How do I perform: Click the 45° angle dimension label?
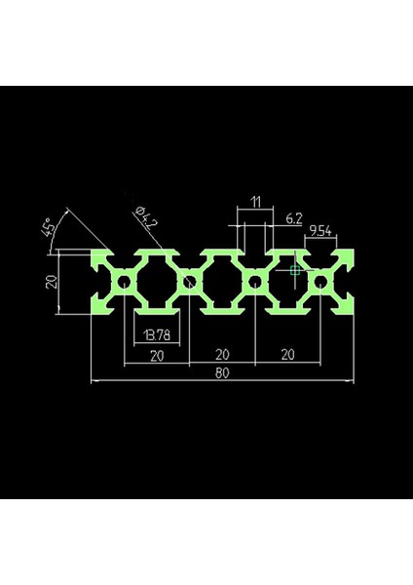pyautogui.click(x=48, y=230)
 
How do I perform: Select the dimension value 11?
pyautogui.click(x=255, y=202)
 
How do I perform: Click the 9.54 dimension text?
pyautogui.click(x=320, y=231)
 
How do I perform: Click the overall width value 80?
pyautogui.click(x=222, y=371)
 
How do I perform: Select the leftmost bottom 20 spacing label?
pyautogui.click(x=157, y=355)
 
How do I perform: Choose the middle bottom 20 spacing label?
pyautogui.click(x=222, y=355)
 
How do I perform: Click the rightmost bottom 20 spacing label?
pyautogui.click(x=286, y=355)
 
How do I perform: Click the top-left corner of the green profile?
pyautogui.click(x=93, y=250)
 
